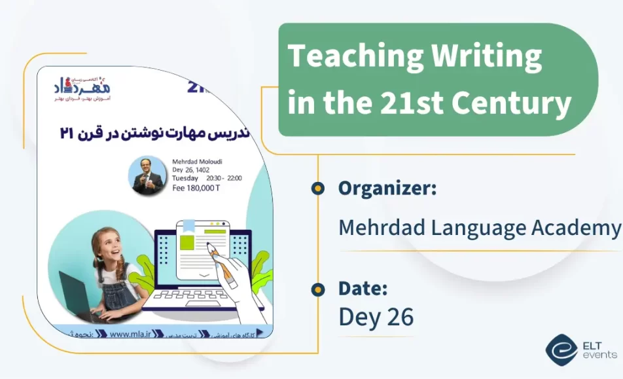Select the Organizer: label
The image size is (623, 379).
pos(387,189)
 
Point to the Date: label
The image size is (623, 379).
pos(363,288)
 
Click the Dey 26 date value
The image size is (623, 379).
pos(376,317)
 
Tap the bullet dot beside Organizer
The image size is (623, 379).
pos(318,189)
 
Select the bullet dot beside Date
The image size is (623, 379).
pos(318,289)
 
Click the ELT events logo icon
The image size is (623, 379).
pos(561,350)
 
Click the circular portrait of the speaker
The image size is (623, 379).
pos(147,175)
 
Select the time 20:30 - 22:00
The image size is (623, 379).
pos(224,177)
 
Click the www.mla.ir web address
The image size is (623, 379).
pos(131,334)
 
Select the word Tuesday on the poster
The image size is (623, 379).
pos(185,177)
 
